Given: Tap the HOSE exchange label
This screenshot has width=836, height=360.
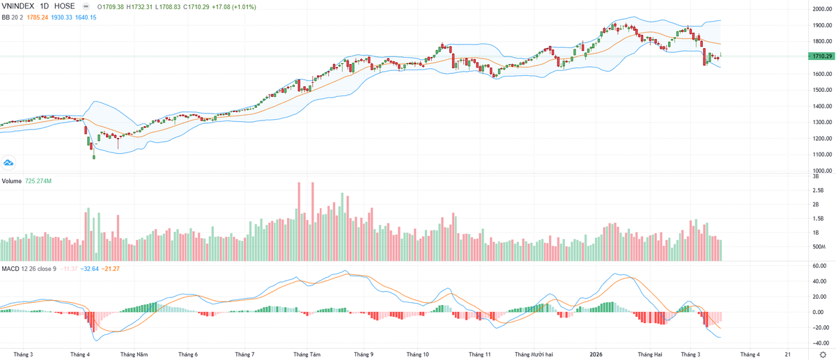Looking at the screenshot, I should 64,6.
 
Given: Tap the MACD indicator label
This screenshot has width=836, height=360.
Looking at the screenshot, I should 10,268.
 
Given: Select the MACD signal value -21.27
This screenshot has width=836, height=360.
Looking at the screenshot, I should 110,268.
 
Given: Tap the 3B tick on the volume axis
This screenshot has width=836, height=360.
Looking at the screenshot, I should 816,178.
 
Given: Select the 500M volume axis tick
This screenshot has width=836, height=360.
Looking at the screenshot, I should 819,247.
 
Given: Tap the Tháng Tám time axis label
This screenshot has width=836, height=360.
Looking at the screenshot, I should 307,354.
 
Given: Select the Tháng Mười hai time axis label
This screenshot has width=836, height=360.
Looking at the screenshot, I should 534,354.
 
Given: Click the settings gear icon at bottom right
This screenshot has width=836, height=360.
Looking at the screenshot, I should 822,354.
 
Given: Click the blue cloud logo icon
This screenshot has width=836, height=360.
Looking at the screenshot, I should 9,162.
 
